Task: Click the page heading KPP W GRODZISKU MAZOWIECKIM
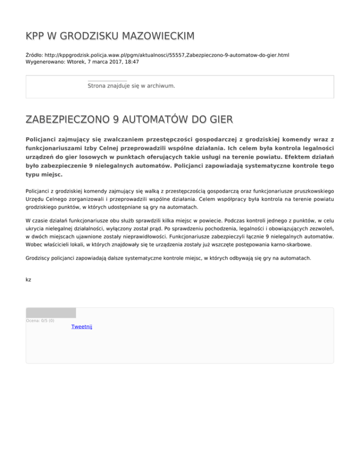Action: pyautogui.click(x=110, y=36)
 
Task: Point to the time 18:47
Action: pyautogui.click(x=131, y=61)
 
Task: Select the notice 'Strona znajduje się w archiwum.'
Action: pyautogui.click(x=131, y=86)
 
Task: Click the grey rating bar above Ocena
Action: pyautogui.click(x=51, y=313)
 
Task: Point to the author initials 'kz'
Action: pyautogui.click(x=29, y=279)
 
